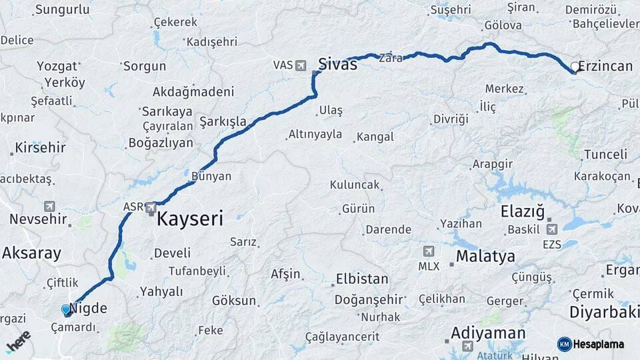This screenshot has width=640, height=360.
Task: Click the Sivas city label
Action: (x=337, y=65)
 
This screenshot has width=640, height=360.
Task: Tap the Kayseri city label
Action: (x=190, y=219)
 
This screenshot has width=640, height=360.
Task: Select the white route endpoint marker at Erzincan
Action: (x=575, y=67)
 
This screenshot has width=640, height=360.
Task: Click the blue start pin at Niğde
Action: (x=65, y=310)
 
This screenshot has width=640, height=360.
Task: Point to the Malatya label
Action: (x=485, y=257)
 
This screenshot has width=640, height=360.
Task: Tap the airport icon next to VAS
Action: (x=301, y=65)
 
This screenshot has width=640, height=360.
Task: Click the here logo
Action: (x=18, y=341)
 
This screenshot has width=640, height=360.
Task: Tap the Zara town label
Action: (x=391, y=58)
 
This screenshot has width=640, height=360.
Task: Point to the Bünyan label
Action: (x=211, y=177)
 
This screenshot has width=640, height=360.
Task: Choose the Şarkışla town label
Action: (x=223, y=123)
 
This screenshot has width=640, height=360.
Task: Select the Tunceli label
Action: (x=605, y=155)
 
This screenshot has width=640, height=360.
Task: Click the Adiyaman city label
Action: (x=488, y=333)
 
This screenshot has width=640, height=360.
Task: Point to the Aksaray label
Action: (x=31, y=253)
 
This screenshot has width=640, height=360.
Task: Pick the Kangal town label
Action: (x=375, y=137)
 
